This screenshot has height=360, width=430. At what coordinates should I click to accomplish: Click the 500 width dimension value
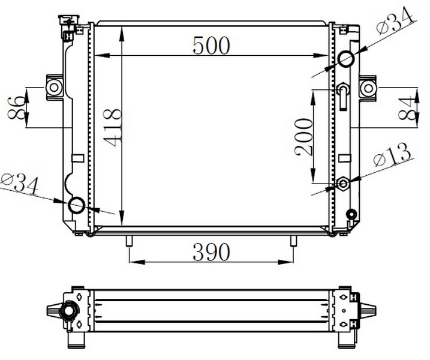pos(211,46)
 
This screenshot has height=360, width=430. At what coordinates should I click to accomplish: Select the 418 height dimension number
pos(112,127)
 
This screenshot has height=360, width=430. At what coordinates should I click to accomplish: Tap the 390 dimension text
pos(211,252)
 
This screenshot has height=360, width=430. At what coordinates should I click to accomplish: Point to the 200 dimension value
pos(303,137)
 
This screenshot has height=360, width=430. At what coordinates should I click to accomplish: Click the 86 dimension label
pos(15,107)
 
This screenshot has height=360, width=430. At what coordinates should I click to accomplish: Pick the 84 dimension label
pos(406,107)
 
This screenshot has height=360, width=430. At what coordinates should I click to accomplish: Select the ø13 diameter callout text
pos(392,155)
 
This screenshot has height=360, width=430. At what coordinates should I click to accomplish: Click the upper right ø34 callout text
pos(395,20)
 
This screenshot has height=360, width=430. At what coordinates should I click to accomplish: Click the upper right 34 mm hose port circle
pos(345,58)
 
